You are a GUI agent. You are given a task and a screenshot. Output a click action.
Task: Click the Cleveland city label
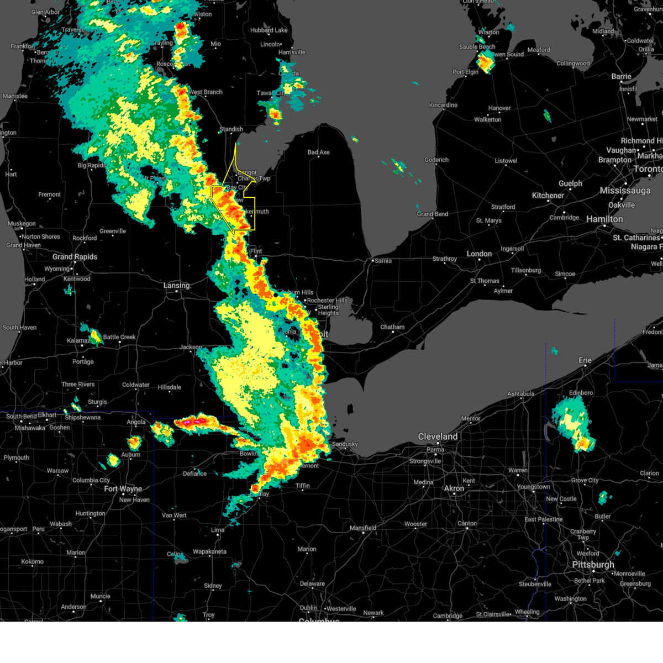pos(438,436)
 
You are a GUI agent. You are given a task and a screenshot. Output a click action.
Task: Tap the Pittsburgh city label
pos(593,565)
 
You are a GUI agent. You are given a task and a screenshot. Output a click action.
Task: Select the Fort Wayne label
pos(123,489)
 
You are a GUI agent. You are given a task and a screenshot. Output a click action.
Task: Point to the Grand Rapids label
pos(75,257)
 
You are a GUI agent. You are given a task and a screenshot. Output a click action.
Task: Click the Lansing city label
pos(176,286)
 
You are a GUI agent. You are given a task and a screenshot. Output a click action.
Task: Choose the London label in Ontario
pos(479,254)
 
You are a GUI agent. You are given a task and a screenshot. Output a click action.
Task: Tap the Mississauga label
pos(625,191)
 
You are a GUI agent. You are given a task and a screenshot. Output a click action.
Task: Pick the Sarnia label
pos(383,261)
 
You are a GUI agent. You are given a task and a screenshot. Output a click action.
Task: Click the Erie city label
pos(585,360)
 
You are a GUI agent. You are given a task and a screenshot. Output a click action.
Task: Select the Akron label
pos(454,488)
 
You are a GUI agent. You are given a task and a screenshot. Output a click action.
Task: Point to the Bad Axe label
pos(318,152)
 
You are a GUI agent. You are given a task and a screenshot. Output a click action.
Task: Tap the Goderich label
pos(436,160)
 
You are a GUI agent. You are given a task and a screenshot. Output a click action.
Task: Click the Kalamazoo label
pos(78,341)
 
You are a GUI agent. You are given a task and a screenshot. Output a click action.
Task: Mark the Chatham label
pos(392,327)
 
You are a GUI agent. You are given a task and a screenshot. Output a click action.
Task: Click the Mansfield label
pos(363,528)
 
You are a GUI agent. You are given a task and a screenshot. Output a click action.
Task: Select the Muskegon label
pos(22,224)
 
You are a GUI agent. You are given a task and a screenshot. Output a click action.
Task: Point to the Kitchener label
pos(548,196)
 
